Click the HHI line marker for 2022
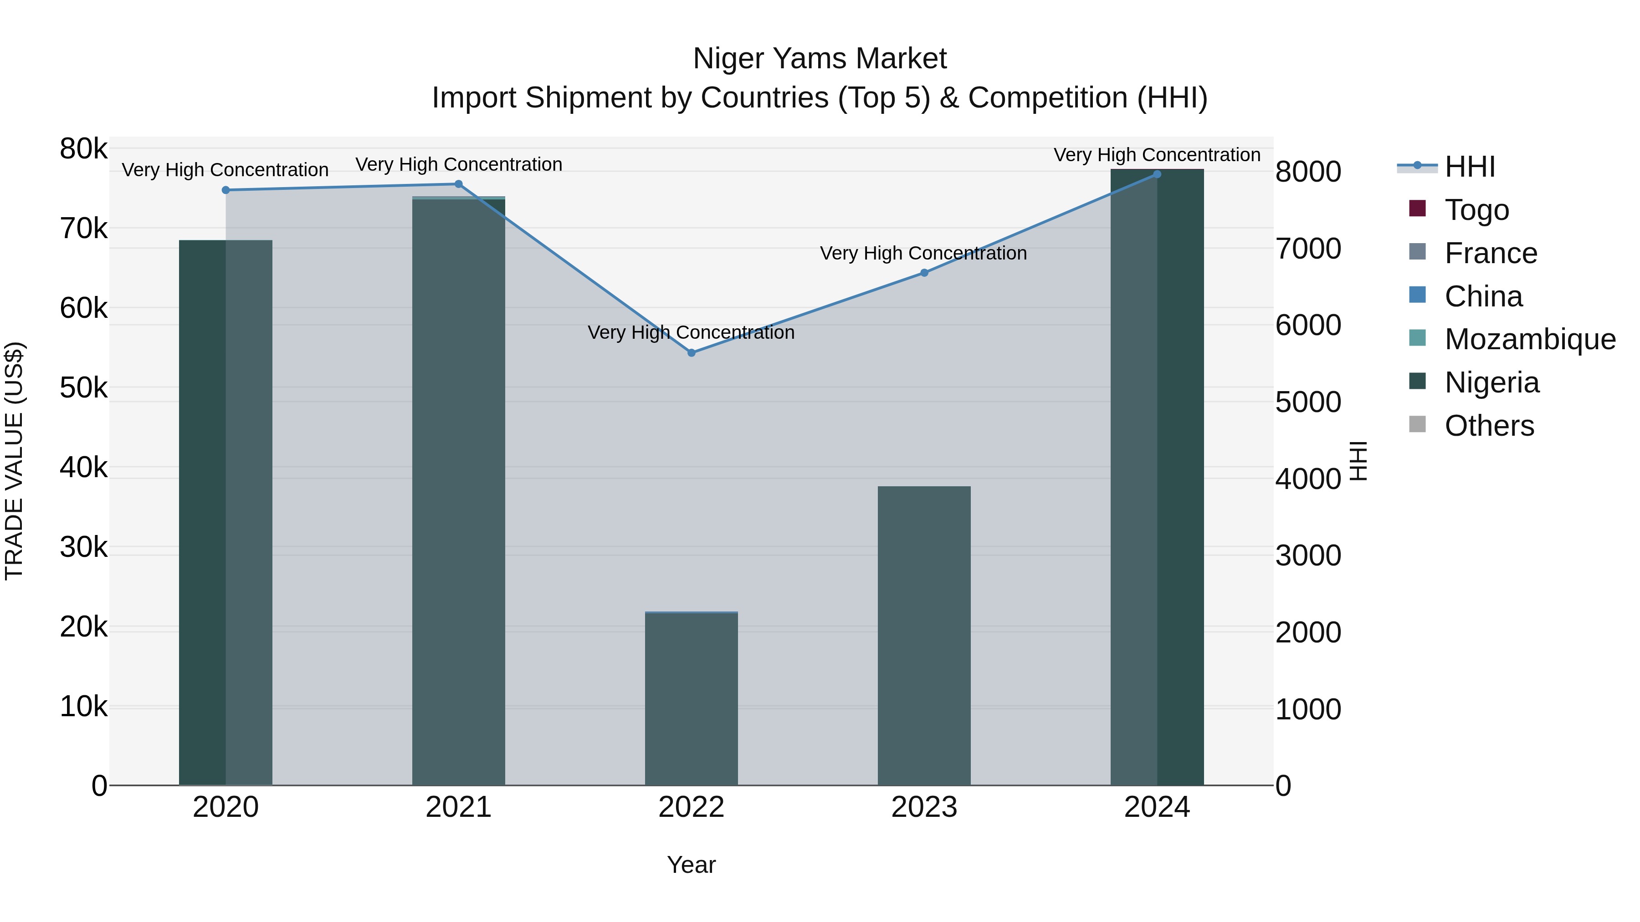[692, 352]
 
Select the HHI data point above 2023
[924, 273]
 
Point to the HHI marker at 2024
[1157, 174]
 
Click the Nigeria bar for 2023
[924, 637]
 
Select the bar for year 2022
[692, 700]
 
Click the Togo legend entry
[1477, 210]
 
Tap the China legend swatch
[1417, 295]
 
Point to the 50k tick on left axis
[84, 388]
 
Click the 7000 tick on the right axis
[1307, 249]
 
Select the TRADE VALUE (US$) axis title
[14, 461]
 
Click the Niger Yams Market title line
[820, 59]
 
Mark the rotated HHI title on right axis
[1358, 461]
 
